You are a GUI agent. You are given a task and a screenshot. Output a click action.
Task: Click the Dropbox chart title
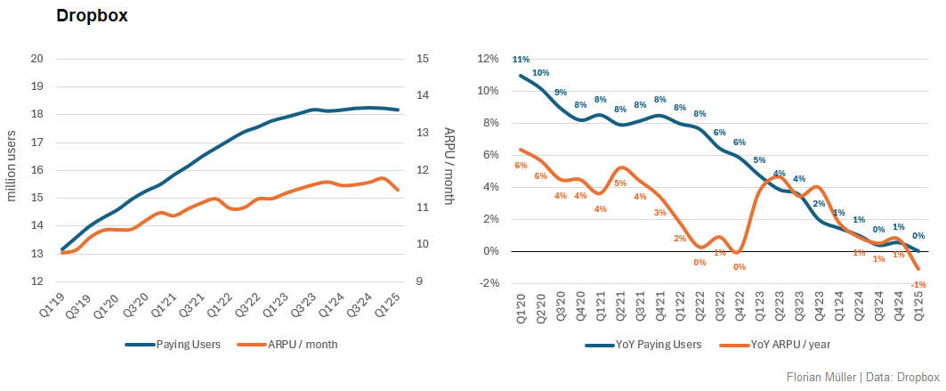[x=92, y=16]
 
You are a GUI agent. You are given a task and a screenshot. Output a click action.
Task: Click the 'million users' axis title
[x=12, y=170]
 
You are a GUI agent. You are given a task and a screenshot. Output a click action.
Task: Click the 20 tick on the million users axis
[x=37, y=59]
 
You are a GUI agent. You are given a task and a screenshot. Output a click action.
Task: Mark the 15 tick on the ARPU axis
[x=423, y=59]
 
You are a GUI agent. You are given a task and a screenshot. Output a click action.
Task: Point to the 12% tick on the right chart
[x=488, y=59]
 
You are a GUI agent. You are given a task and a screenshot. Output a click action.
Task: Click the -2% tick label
[x=488, y=283]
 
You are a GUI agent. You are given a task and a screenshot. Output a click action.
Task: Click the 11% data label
[x=521, y=60]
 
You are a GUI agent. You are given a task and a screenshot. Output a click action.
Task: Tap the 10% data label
[x=540, y=72]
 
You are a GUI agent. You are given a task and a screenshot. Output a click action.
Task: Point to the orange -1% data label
[x=919, y=284]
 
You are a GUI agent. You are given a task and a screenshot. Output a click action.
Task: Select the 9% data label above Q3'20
[x=561, y=92]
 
